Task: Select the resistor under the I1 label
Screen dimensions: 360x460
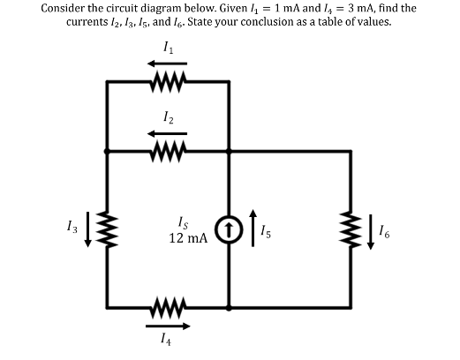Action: (x=167, y=83)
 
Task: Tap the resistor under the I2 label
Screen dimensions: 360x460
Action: (x=167, y=152)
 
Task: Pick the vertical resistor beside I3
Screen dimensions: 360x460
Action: (x=108, y=231)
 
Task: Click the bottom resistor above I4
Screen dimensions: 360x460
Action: (x=167, y=309)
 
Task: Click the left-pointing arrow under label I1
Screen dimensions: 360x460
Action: (x=166, y=63)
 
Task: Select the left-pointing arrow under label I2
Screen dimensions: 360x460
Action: (x=166, y=132)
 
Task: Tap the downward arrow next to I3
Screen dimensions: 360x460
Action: (x=87, y=231)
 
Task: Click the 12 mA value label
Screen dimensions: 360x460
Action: (x=187, y=238)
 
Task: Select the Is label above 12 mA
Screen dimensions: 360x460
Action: (x=184, y=222)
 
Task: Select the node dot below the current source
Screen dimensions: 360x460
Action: (x=230, y=309)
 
